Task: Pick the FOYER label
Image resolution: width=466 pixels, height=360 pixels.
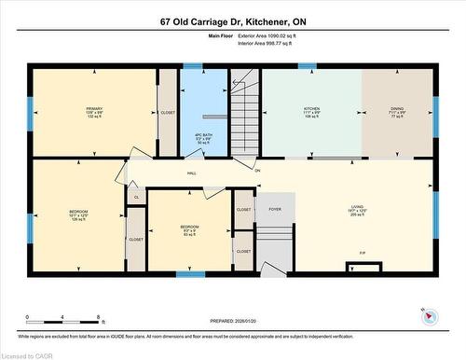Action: [x=275, y=210]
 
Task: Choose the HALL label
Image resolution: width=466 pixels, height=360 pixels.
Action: [x=192, y=173]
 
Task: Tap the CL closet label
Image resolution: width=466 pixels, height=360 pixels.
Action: [x=136, y=198]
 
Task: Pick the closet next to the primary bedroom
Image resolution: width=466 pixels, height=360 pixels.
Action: [x=168, y=112]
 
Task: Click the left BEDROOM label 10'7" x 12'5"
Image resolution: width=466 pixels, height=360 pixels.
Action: [x=79, y=215]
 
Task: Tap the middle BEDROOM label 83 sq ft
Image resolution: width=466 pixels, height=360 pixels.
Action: [x=189, y=229]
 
